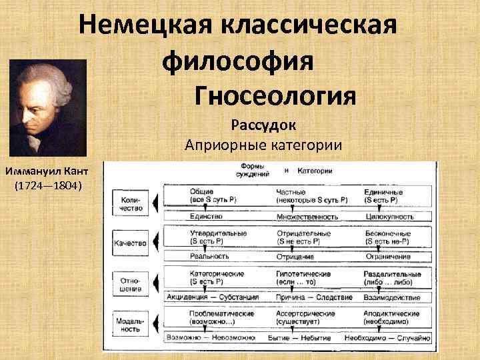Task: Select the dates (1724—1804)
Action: click(x=48, y=184)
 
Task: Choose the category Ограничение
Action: click(x=387, y=257)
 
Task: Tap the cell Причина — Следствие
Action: click(x=305, y=297)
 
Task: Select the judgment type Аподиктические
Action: click(x=392, y=313)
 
